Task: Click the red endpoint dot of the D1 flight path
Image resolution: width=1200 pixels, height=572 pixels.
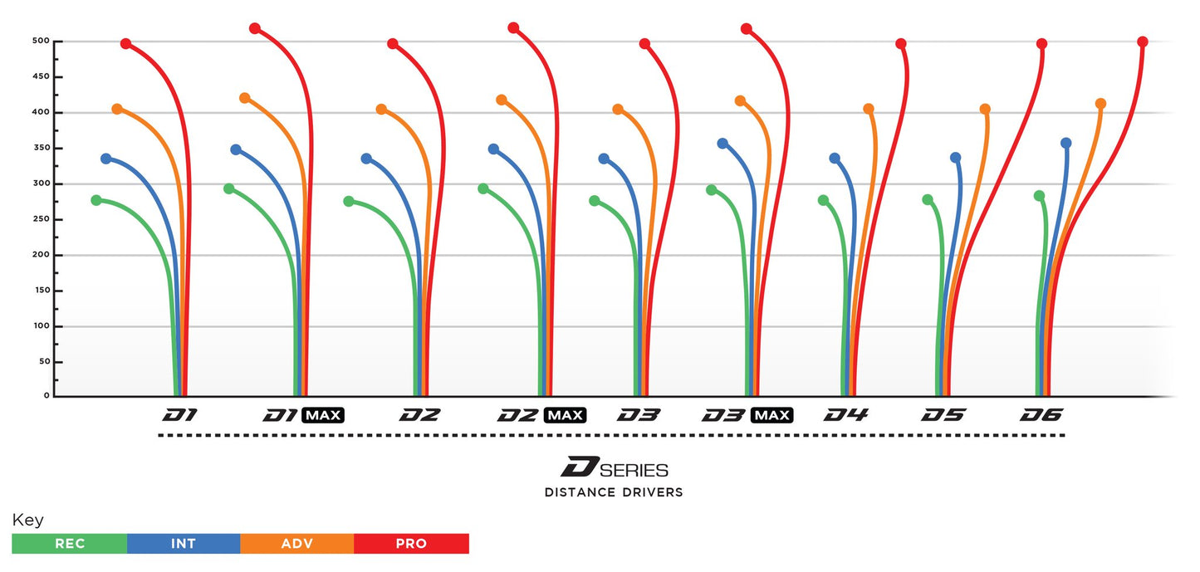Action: pyautogui.click(x=125, y=43)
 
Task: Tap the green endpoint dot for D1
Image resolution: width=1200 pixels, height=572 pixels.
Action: pyautogui.click(x=96, y=200)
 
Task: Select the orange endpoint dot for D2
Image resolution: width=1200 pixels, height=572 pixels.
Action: pyautogui.click(x=381, y=110)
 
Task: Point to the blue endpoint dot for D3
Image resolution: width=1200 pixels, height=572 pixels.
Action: pyautogui.click(x=604, y=159)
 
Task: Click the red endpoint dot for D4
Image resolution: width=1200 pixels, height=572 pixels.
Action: pyautogui.click(x=901, y=43)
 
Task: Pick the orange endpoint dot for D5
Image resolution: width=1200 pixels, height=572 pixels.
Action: pyautogui.click(x=985, y=109)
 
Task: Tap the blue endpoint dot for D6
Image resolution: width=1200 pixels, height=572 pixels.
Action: pyautogui.click(x=1066, y=143)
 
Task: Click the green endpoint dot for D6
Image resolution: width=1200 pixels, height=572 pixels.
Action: pyautogui.click(x=1039, y=196)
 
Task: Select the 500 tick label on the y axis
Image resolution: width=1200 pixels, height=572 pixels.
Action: pyautogui.click(x=42, y=41)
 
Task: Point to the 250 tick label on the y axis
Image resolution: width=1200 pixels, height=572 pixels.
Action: pyautogui.click(x=42, y=219)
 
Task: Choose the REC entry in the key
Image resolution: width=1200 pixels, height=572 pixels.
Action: pyautogui.click(x=70, y=544)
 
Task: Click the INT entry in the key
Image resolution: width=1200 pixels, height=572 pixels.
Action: pyautogui.click(x=184, y=544)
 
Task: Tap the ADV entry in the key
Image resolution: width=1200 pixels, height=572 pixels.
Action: pyautogui.click(x=297, y=544)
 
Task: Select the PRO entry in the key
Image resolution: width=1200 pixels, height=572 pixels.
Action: pyautogui.click(x=411, y=544)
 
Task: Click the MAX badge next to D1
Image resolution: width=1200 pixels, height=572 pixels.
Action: pyautogui.click(x=323, y=415)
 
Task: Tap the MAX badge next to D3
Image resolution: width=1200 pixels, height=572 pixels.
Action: pyautogui.click(x=771, y=415)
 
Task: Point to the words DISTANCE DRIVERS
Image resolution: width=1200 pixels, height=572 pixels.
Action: pyautogui.click(x=614, y=492)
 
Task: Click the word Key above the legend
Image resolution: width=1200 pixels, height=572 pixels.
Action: pyautogui.click(x=28, y=521)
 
